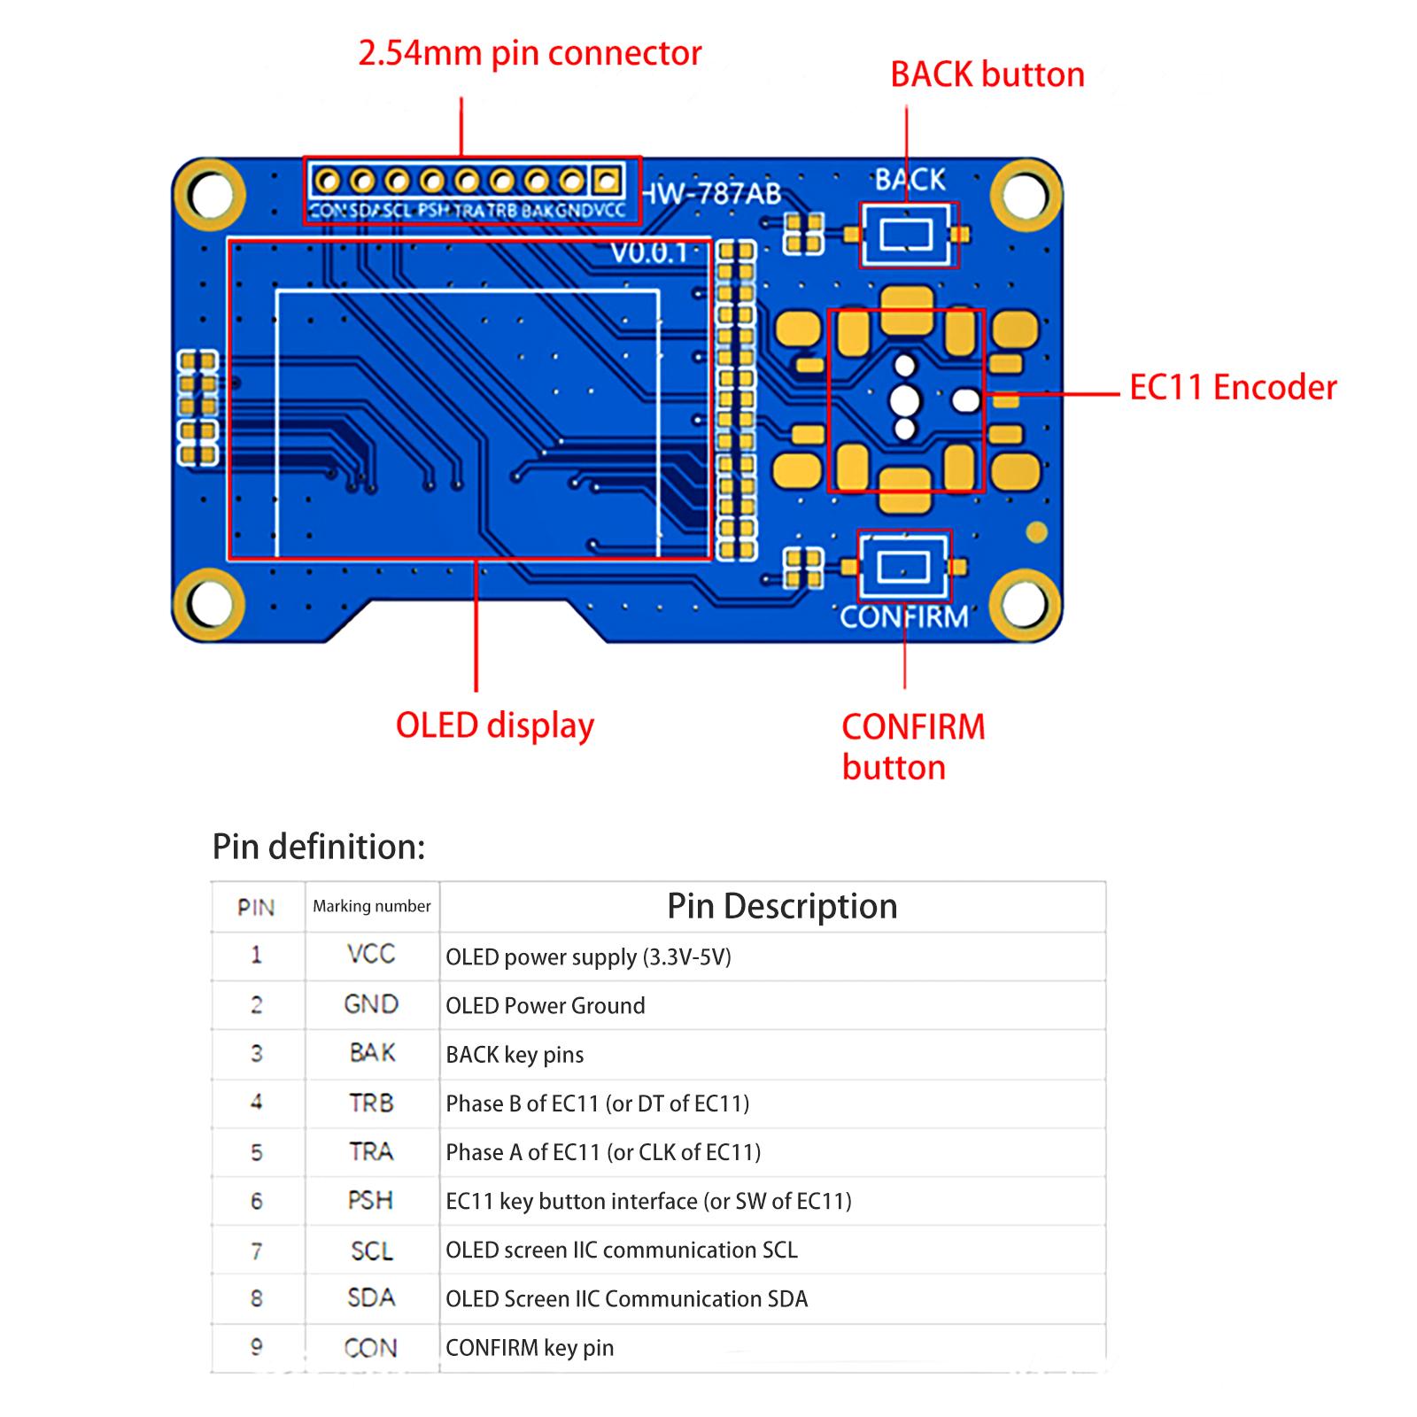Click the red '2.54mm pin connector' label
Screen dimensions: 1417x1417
coord(530,54)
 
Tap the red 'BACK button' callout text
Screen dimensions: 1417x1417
coord(987,75)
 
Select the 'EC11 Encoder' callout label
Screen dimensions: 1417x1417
coord(1232,388)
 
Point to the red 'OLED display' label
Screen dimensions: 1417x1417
coord(494,725)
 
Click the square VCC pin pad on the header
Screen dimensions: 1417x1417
coord(607,182)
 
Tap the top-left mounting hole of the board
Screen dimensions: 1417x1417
coord(210,196)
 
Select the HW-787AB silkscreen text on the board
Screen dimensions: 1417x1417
coord(711,193)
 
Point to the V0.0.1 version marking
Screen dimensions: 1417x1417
coord(649,253)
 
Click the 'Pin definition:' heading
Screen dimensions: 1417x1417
coord(319,848)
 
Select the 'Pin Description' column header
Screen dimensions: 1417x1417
coord(782,906)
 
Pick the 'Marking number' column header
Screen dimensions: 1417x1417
coord(372,906)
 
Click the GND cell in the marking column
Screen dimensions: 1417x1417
coord(371,1004)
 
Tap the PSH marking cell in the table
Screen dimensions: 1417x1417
coord(370,1201)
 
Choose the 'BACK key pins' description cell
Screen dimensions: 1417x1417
coord(515,1055)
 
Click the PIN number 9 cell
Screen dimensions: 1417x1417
coord(257,1347)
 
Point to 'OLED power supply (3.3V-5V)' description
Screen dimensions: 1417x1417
coord(588,957)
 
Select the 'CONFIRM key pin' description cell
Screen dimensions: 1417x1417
coord(530,1348)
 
